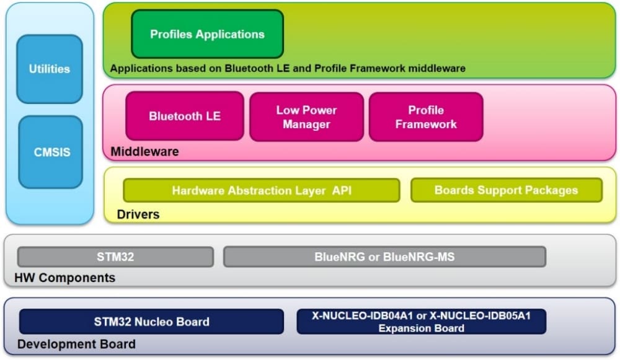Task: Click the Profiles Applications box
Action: [207, 35]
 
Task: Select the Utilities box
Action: [49, 69]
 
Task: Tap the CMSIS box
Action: [50, 152]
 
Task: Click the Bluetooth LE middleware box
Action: [184, 116]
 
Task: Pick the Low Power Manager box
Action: [306, 117]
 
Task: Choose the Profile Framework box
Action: [425, 117]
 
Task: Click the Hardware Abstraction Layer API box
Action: [261, 190]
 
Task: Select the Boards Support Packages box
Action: [506, 190]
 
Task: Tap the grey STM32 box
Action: [115, 257]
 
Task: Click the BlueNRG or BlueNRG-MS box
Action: [384, 257]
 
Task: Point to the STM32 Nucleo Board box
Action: [151, 322]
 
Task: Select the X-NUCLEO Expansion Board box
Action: [421, 322]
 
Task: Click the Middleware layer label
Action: [144, 151]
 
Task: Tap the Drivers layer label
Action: [138, 214]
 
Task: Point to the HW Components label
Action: [64, 278]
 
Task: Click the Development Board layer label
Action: [76, 344]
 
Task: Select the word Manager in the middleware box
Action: [306, 125]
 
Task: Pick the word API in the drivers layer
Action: [341, 190]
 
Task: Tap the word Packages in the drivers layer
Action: [549, 190]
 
